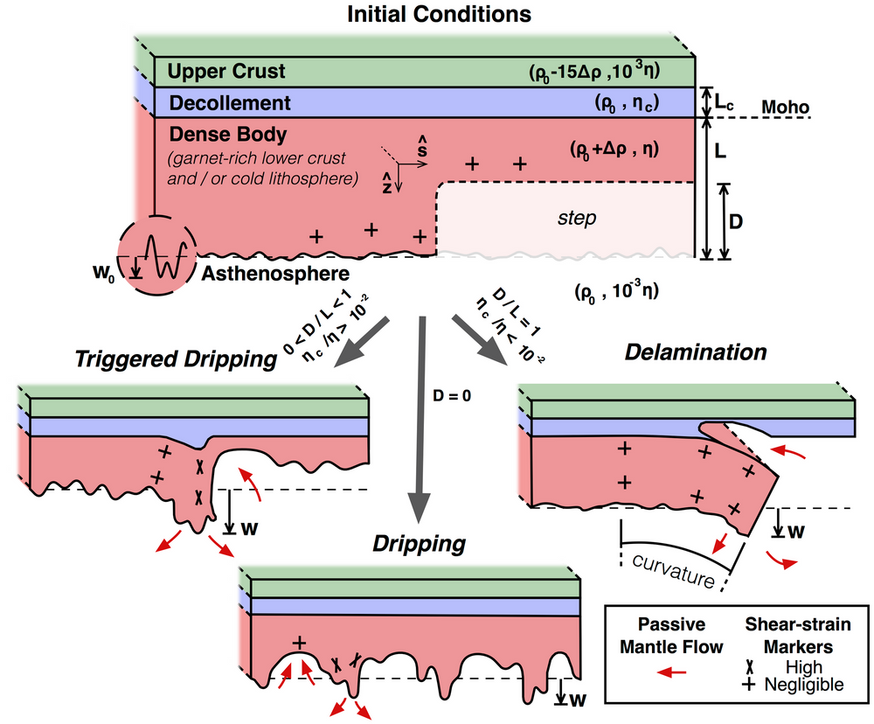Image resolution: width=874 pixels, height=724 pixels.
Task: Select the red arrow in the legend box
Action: click(x=671, y=672)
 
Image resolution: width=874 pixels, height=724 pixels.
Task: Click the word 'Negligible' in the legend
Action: click(x=804, y=685)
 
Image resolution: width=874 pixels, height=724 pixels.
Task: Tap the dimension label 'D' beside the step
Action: click(x=736, y=222)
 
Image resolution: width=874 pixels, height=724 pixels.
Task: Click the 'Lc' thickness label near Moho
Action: click(x=724, y=102)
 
